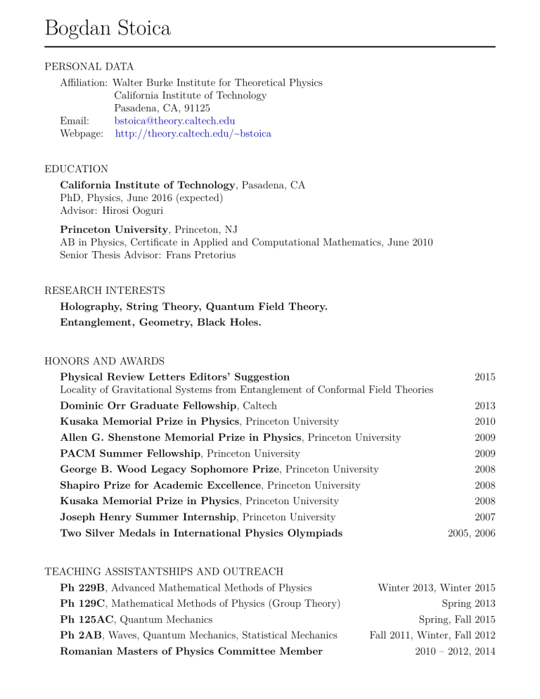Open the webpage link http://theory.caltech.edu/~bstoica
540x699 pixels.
point(193,133)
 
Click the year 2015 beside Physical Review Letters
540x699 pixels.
point(484,377)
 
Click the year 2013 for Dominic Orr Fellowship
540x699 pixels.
point(484,406)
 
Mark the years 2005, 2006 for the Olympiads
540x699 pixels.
point(471,533)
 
